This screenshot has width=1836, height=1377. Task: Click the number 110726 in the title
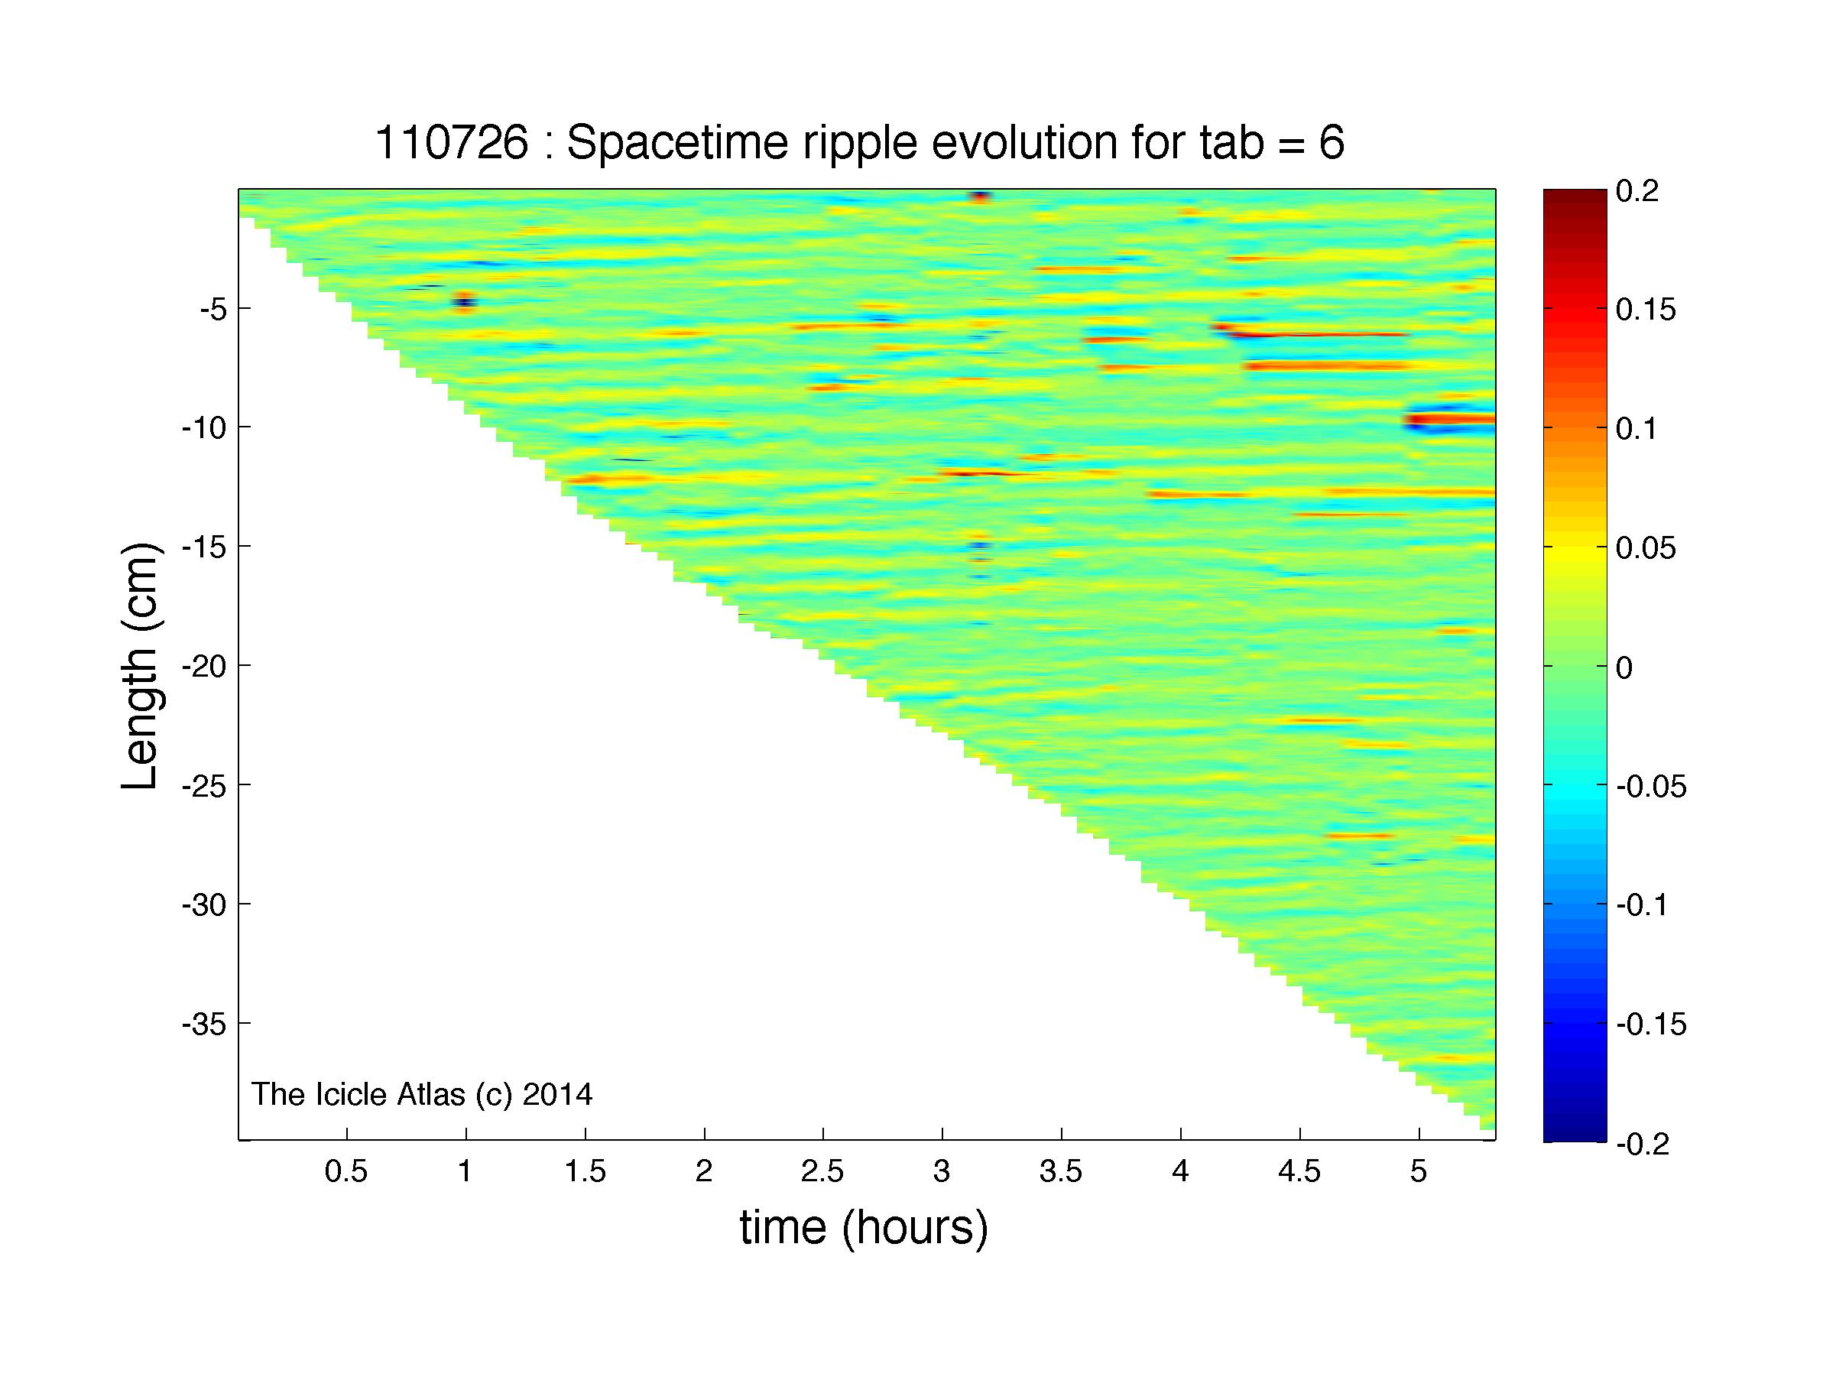[452, 144]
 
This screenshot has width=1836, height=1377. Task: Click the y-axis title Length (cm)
[138, 666]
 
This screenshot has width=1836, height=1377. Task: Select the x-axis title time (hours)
[864, 1227]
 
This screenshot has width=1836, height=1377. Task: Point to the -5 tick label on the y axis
[212, 310]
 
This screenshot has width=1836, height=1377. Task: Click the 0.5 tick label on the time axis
[346, 1171]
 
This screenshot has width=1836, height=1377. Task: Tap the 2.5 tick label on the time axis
[822, 1171]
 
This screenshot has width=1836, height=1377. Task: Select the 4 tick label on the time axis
[1180, 1171]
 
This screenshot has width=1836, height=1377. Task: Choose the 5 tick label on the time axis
[1419, 1171]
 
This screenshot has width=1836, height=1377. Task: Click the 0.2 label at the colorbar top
[1637, 192]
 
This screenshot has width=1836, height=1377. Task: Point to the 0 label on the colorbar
[1624, 667]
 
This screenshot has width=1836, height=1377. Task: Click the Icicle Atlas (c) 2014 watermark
[422, 1094]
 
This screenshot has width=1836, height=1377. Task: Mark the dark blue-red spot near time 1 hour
[464, 300]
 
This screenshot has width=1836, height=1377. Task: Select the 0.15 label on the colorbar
[1646, 310]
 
